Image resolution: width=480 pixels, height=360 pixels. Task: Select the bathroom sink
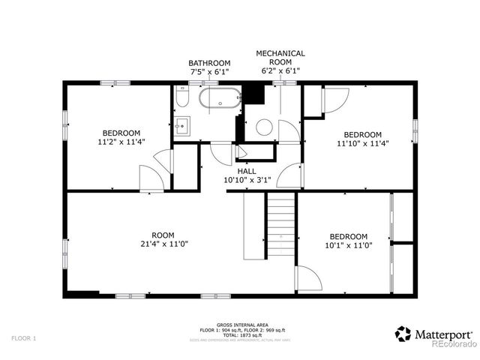coord(182,125)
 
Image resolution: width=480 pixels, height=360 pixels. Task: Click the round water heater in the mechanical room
coord(265,127)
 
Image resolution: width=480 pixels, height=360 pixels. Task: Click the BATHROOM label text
coord(208,63)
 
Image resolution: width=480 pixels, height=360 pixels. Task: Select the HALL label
coord(247,171)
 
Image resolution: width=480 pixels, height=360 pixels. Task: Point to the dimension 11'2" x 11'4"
coord(121,140)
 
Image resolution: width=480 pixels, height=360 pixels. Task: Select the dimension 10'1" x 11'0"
coord(348,244)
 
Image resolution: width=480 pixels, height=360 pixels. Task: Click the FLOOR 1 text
coord(23,339)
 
